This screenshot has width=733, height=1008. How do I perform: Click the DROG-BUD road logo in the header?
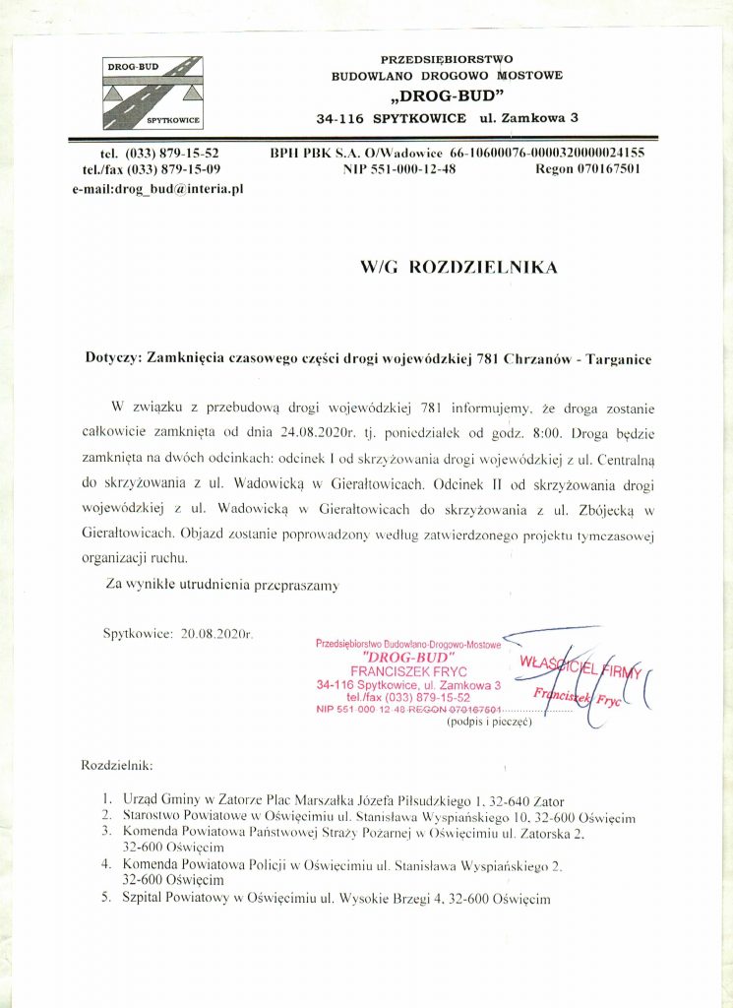click(x=153, y=93)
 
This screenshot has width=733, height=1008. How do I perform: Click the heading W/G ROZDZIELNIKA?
click(x=458, y=268)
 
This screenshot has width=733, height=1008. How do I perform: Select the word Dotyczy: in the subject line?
click(x=114, y=359)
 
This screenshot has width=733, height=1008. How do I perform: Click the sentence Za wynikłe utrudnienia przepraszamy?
click(x=222, y=585)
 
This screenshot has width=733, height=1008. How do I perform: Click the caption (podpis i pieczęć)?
click(x=489, y=722)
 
